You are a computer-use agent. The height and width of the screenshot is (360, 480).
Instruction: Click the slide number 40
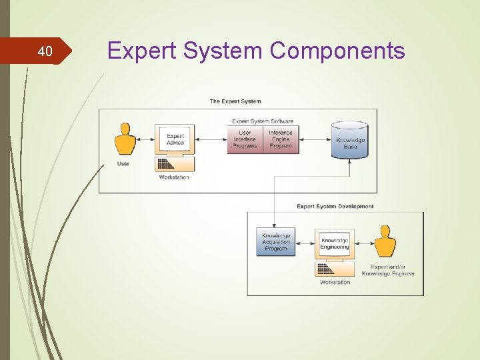tap(45, 51)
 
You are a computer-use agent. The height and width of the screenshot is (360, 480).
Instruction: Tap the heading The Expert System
tap(235, 101)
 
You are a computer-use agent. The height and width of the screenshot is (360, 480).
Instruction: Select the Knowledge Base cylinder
tap(350, 141)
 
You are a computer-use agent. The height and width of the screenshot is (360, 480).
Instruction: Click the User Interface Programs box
tap(245, 139)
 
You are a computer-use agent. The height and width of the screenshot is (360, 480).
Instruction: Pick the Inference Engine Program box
tap(281, 139)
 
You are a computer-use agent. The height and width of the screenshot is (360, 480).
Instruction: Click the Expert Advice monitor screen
tap(175, 139)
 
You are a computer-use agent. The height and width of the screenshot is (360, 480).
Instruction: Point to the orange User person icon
tap(124, 139)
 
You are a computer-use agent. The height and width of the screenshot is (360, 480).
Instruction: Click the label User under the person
tap(123, 164)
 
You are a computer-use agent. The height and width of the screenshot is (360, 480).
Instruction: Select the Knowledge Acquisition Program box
tap(276, 242)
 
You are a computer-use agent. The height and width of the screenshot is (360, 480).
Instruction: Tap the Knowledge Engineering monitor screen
tap(334, 244)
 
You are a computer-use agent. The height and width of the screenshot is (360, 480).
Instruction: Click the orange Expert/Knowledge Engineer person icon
tap(384, 242)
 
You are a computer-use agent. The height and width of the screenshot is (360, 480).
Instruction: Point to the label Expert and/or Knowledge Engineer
tap(388, 270)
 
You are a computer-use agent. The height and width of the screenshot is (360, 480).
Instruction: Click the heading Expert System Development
tap(335, 207)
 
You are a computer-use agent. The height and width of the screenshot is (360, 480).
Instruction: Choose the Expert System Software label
tap(263, 121)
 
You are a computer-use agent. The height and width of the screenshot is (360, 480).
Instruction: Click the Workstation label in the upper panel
tap(174, 177)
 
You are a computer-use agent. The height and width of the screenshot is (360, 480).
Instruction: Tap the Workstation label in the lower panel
tap(335, 282)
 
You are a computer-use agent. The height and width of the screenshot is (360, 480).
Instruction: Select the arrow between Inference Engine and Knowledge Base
tap(315, 140)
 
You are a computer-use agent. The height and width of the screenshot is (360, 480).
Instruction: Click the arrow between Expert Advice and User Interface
tap(211, 140)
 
